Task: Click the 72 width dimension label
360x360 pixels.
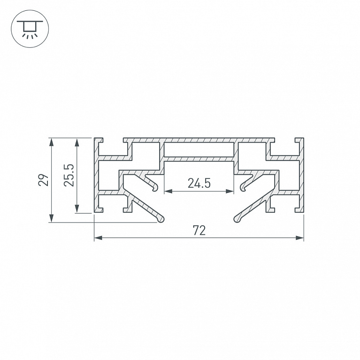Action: coord(199,230)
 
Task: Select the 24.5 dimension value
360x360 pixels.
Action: coord(199,183)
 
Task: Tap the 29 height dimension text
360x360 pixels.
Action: coord(43,180)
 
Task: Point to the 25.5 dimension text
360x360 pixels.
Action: coord(69,175)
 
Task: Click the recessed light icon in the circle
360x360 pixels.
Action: coord(30,29)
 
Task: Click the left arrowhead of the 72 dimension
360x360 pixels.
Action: coord(98,238)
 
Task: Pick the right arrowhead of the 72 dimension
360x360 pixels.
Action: coord(299,238)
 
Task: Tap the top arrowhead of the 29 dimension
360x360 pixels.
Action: coord(52,142)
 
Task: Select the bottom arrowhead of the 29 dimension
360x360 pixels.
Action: coord(52,218)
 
